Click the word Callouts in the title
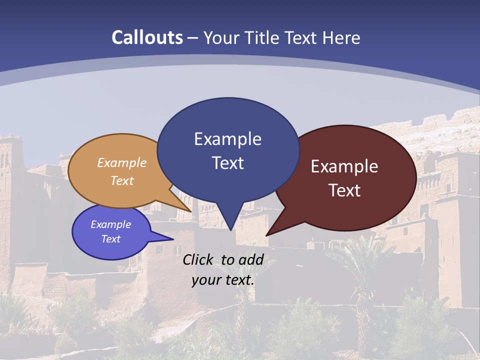coord(147,37)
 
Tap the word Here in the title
coord(342,37)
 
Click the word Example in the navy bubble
coord(227,139)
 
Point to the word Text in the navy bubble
coord(227,163)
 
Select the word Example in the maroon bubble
coord(344,166)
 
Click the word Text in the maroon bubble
coord(344,190)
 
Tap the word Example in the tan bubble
coord(122,163)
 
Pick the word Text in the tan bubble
coord(122,180)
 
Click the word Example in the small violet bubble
coord(110,224)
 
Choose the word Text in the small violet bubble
coord(110,239)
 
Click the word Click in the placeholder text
coord(199,259)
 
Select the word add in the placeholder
coord(251,259)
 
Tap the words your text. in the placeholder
coord(223,280)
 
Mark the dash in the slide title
coord(193,38)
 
